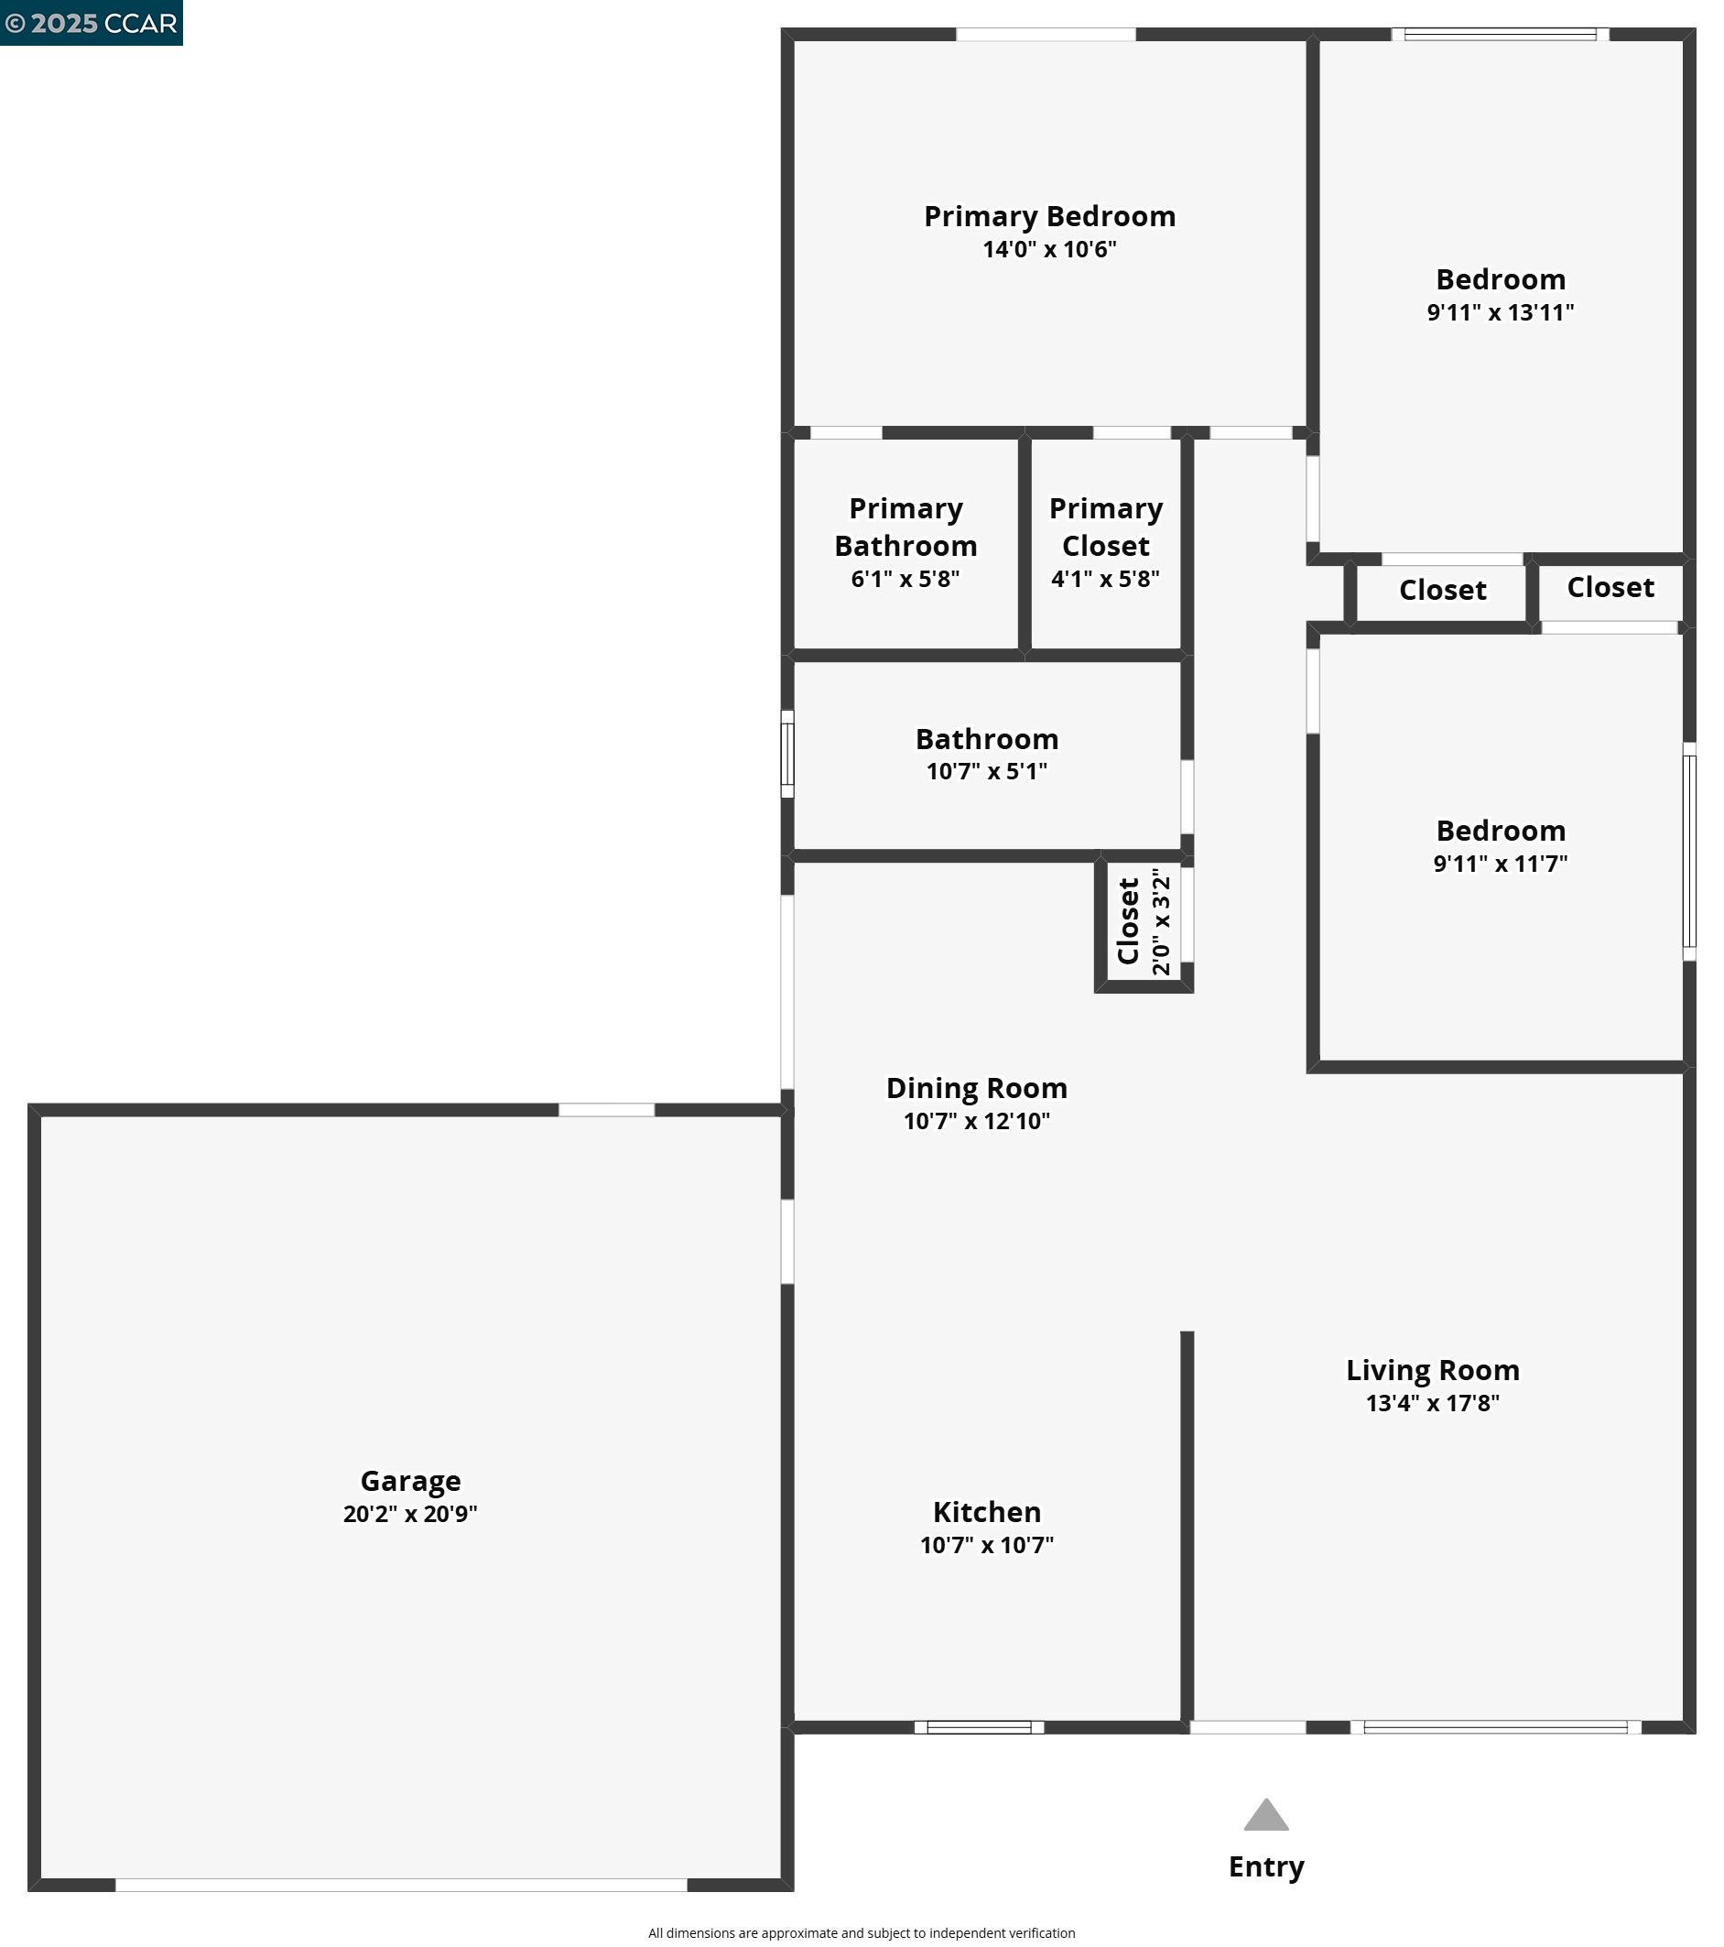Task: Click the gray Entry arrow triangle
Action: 1266,1817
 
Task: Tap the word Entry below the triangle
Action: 1266,1867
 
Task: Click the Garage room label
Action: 410,1481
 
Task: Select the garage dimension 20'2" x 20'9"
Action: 410,1514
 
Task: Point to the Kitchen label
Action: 987,1512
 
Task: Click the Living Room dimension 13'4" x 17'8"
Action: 1433,1403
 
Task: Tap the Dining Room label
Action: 976,1088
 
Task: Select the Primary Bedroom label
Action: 1049,216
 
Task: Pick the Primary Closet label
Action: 1106,527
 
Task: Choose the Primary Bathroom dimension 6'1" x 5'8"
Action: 905,579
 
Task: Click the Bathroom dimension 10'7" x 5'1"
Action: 987,771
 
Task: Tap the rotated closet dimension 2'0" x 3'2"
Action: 1161,921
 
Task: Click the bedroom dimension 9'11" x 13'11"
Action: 1501,312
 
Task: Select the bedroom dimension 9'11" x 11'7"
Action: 1501,864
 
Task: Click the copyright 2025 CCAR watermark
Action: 92,23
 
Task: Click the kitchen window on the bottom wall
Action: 979,1727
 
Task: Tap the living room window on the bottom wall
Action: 1495,1727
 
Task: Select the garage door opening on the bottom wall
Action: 401,1885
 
